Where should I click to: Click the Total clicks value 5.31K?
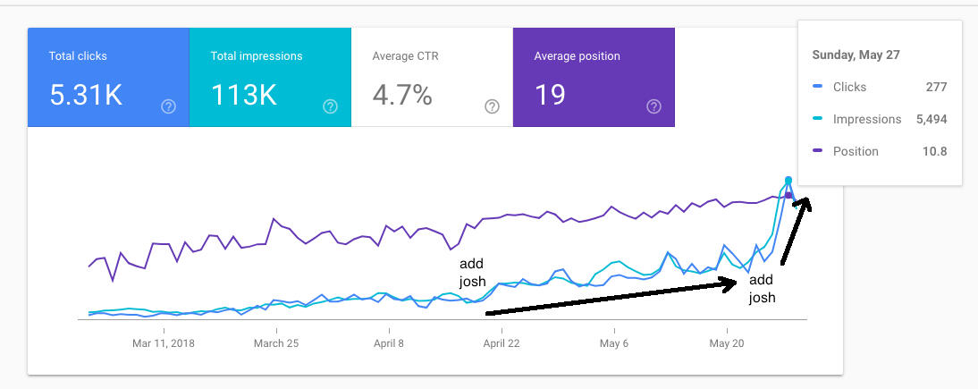(86, 95)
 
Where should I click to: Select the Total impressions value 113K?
(244, 95)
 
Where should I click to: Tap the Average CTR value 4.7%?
(402, 95)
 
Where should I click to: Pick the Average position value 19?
(550, 95)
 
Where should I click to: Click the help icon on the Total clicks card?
(168, 106)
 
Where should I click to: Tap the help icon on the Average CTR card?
(492, 106)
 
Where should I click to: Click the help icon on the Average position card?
(653, 106)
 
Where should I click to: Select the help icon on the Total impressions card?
(330, 106)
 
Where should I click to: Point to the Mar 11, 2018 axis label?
(164, 342)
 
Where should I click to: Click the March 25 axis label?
(275, 342)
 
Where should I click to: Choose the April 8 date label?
(389, 342)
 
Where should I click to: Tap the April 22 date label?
(502, 342)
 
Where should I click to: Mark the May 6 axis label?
(613, 342)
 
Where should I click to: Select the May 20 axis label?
(726, 342)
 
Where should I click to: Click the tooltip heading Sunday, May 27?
(856, 55)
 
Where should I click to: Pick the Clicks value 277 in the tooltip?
(936, 87)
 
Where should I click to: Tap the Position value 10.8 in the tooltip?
(934, 151)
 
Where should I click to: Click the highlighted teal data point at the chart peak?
(788, 181)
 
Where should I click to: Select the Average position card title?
(577, 55)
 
